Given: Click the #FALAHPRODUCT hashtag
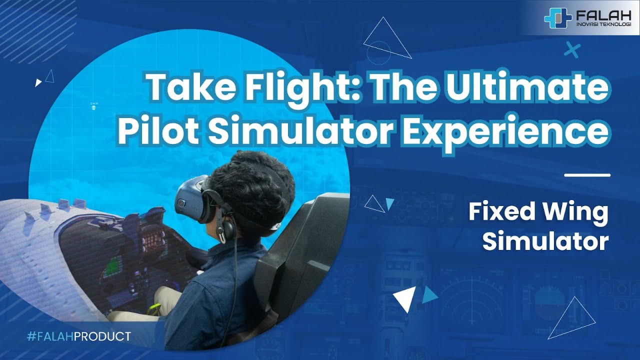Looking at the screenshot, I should pos(78,336).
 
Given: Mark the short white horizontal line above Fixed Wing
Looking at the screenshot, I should pos(587,175).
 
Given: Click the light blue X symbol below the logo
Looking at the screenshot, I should pos(571,50).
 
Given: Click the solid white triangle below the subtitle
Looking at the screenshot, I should pos(404,298).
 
